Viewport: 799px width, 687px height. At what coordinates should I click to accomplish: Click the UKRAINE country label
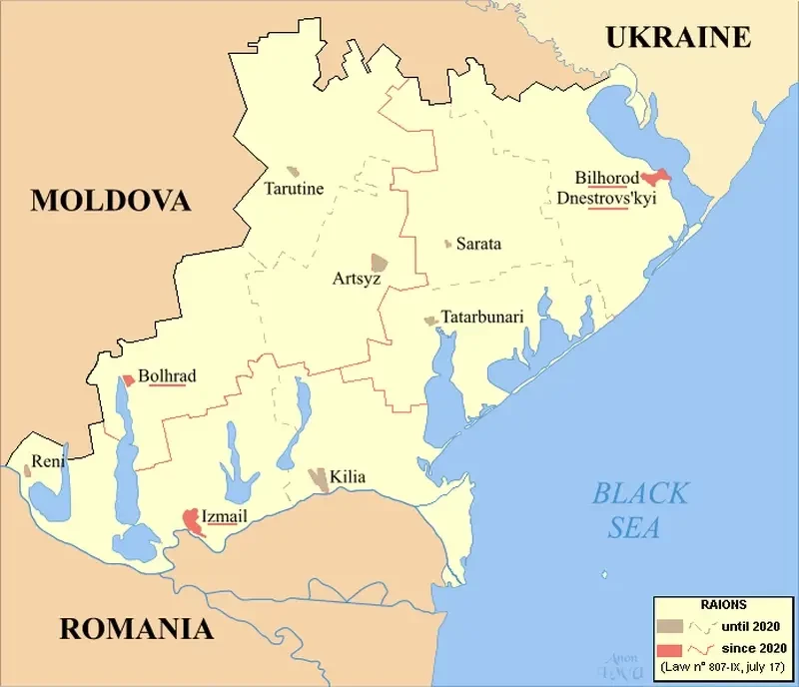pyautogui.click(x=678, y=38)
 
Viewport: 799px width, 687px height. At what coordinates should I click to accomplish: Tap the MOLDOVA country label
pyautogui.click(x=111, y=200)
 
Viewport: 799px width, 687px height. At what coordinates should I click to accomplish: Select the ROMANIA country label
pyautogui.click(x=136, y=629)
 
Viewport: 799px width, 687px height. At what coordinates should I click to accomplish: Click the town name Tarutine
pyautogui.click(x=294, y=188)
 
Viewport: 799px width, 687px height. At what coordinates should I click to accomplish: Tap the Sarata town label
pyautogui.click(x=478, y=244)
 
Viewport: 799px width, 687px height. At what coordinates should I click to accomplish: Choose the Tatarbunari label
pyautogui.click(x=481, y=317)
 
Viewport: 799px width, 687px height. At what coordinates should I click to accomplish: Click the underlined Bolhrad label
pyautogui.click(x=167, y=376)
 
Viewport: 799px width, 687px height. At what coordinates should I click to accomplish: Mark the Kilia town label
pyautogui.click(x=347, y=478)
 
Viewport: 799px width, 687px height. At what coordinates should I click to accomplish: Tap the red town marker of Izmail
pyautogui.click(x=192, y=521)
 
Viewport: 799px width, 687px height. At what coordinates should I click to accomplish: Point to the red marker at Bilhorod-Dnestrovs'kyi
pyautogui.click(x=656, y=177)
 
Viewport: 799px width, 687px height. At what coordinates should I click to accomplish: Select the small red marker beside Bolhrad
pyautogui.click(x=128, y=380)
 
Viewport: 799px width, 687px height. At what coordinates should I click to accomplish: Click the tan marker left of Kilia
pyautogui.click(x=319, y=478)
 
